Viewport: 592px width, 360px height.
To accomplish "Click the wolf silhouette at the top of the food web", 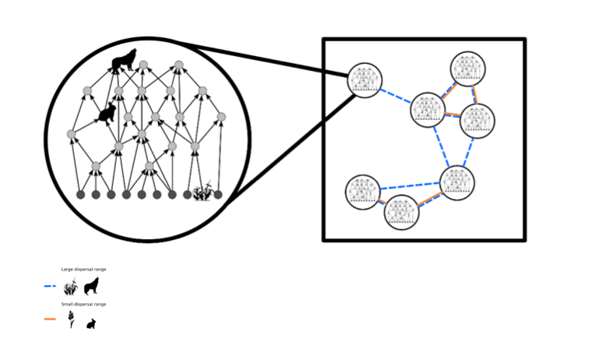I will (124, 60).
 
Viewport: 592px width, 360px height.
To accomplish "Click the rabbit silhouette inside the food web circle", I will (107, 115).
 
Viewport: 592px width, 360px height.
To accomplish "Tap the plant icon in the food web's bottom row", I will (203, 192).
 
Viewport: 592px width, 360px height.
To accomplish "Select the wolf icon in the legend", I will (92, 286).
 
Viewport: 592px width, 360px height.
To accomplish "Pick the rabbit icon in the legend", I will (91, 323).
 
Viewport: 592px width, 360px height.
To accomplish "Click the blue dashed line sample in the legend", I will (51, 287).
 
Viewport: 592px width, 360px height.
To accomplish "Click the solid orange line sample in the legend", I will (51, 319).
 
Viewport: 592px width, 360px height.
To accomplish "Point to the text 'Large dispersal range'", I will (83, 269).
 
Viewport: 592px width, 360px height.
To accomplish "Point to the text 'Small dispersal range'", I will (83, 304).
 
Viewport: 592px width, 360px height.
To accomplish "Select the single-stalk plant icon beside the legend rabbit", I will (72, 319).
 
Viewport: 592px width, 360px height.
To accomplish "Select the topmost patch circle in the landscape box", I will (468, 69).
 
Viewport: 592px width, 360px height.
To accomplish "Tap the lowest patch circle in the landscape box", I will (401, 213).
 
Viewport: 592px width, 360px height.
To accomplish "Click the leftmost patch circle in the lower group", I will (362, 192).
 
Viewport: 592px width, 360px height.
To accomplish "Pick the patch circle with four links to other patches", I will (428, 110).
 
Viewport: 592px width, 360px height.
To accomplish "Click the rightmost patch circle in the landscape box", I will (477, 121).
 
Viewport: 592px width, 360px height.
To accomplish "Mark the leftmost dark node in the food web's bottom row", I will (81, 194).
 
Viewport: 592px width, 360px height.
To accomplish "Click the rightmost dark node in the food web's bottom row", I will (218, 194).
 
